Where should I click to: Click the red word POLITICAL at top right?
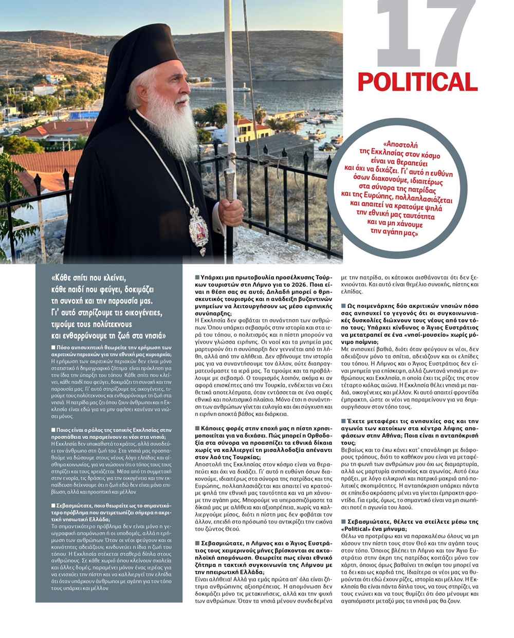[417, 82]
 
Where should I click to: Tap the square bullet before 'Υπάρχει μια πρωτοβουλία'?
[197, 278]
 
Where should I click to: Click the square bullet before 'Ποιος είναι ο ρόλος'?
[53, 429]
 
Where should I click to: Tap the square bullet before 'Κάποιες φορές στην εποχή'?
[197, 428]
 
